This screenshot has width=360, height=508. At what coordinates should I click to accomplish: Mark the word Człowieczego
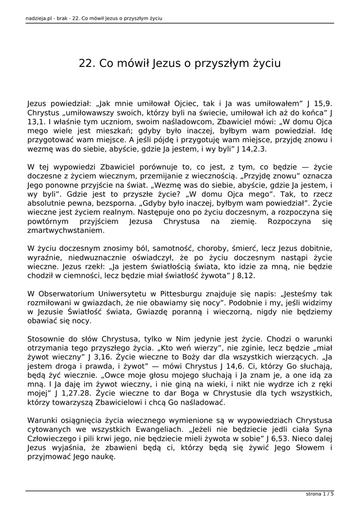[50, 439]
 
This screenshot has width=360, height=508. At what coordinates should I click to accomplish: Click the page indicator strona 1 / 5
[319, 494]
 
